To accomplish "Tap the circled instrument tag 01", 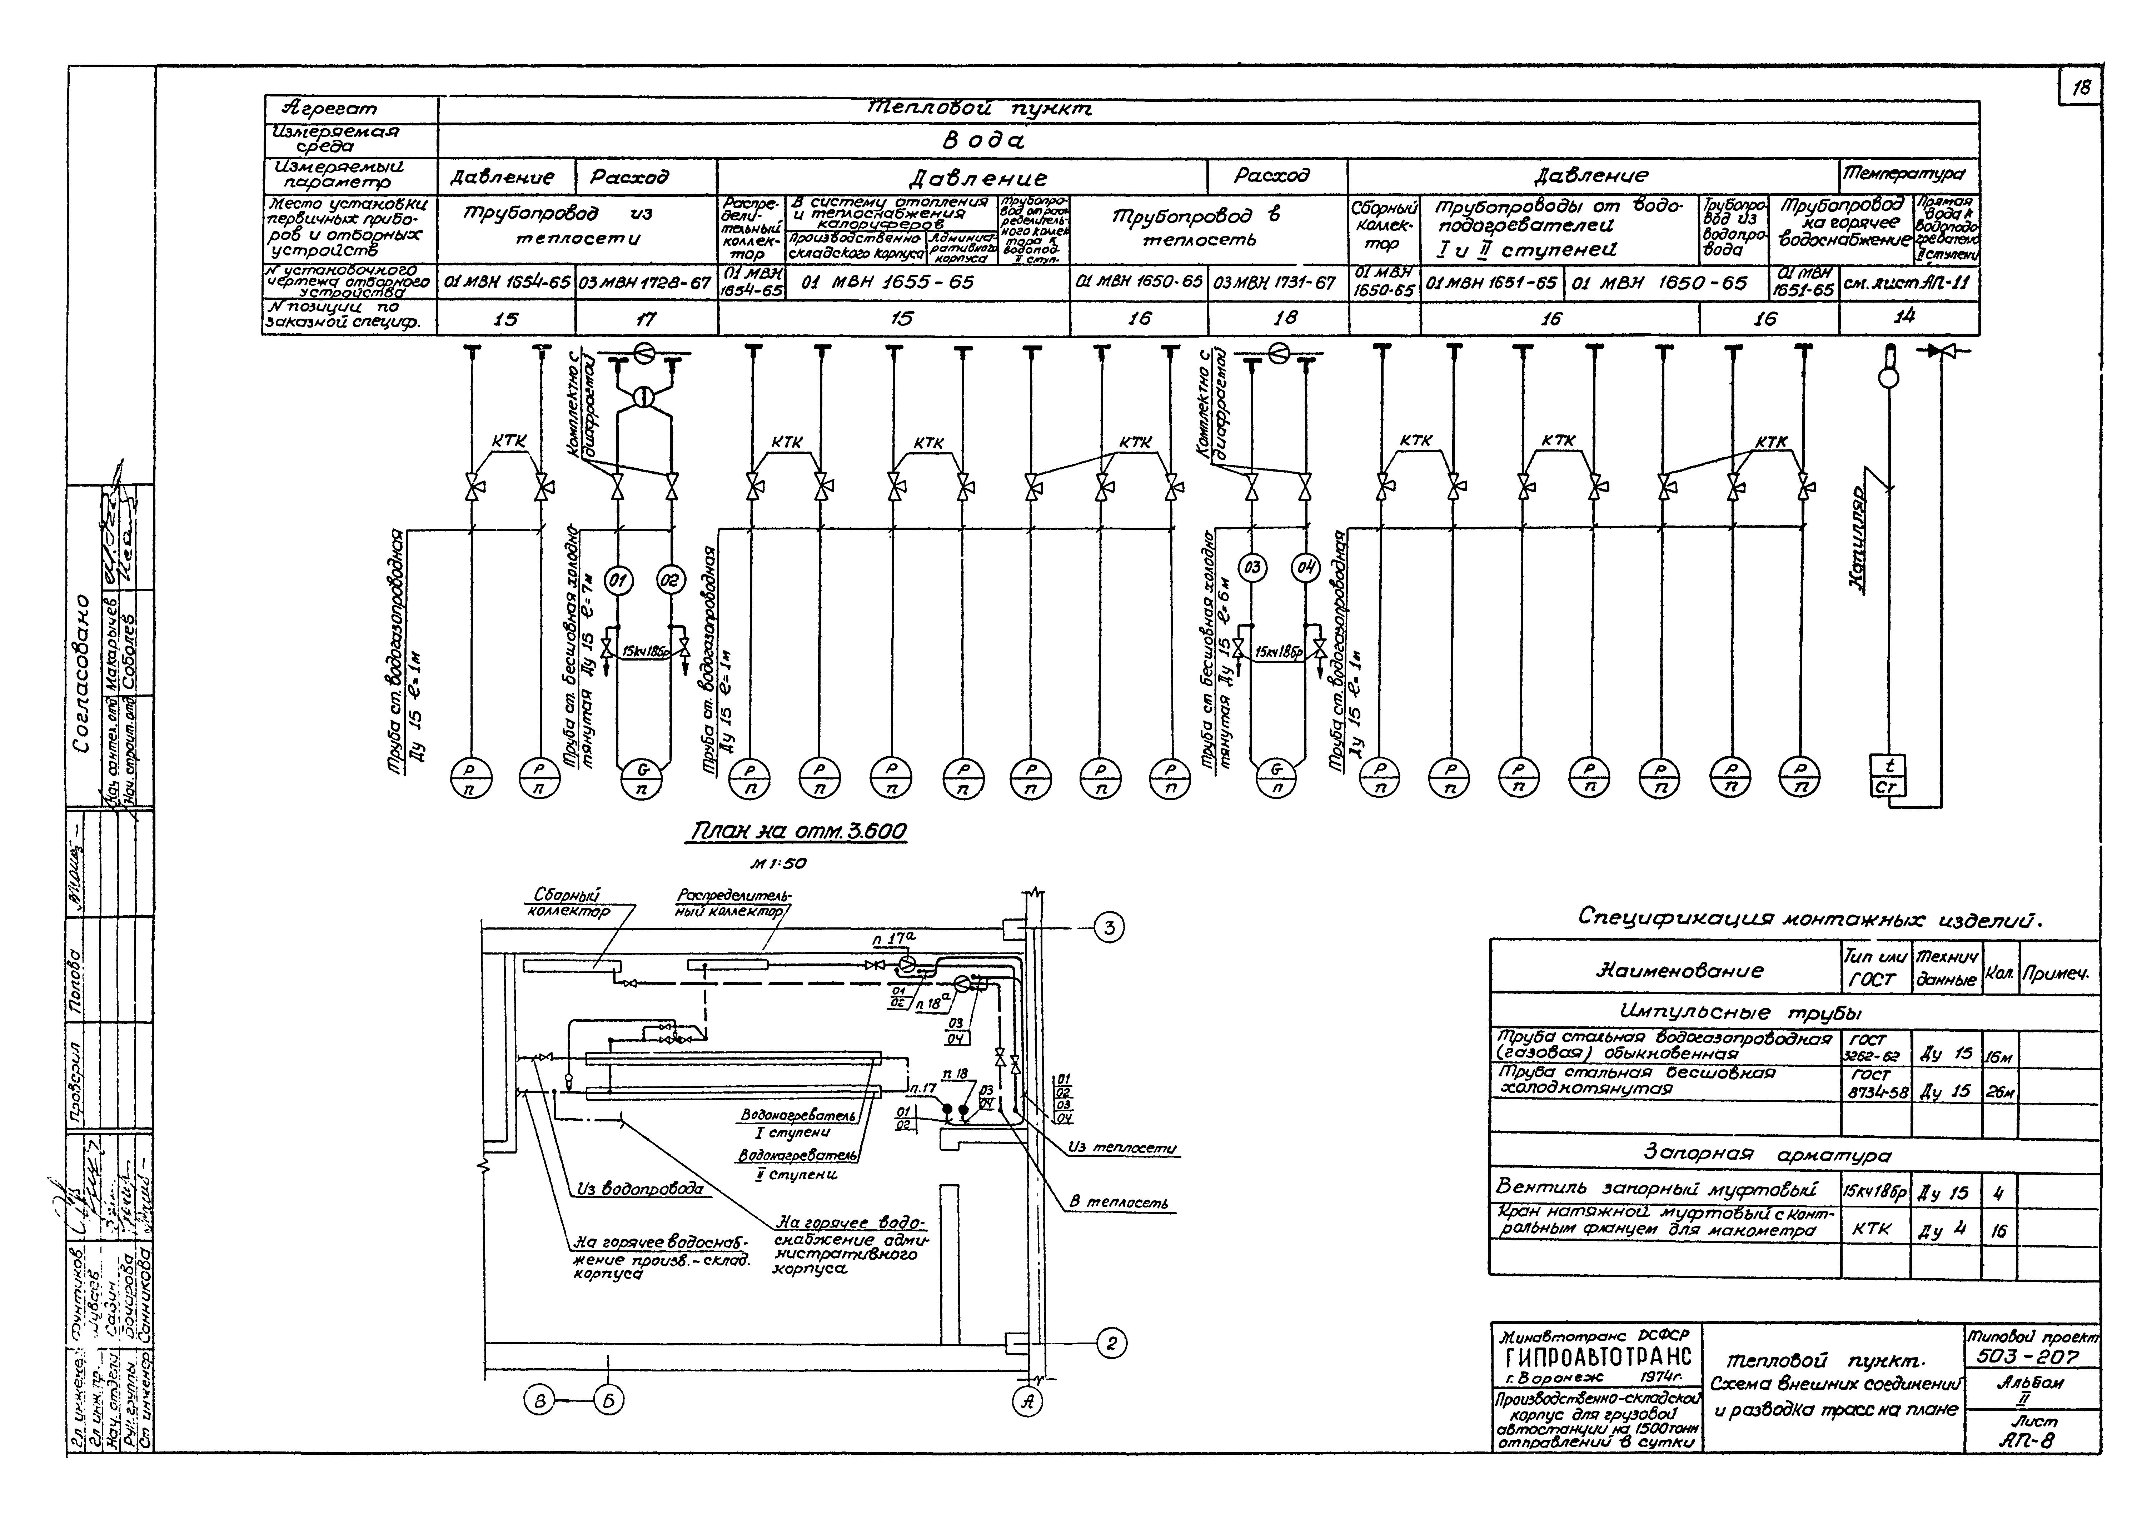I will pos(617,581).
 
